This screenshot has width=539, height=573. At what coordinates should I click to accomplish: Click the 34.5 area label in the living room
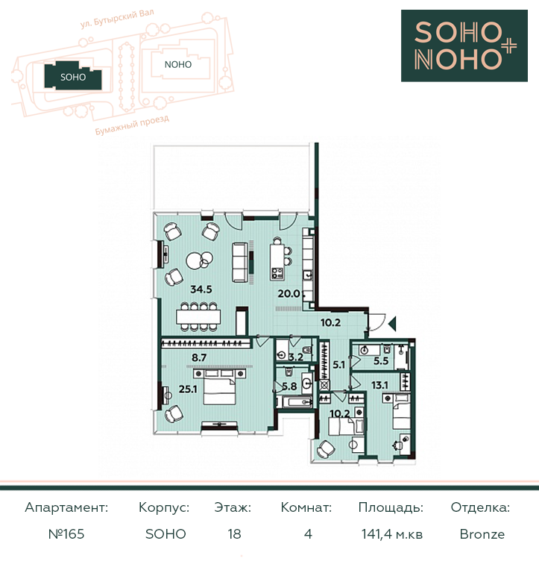[201, 289]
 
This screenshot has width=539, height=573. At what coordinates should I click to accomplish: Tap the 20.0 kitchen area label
[289, 293]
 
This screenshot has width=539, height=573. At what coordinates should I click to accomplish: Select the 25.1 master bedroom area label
[188, 389]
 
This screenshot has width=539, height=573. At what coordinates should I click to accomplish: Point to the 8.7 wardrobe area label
[199, 357]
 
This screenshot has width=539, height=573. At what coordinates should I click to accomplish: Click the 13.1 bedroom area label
[379, 385]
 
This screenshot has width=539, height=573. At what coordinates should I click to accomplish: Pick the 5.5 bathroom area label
[381, 361]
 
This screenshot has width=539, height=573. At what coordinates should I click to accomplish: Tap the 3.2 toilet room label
[296, 357]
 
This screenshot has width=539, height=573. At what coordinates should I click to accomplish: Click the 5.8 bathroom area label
[289, 386]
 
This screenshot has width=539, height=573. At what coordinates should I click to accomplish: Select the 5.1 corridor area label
[339, 364]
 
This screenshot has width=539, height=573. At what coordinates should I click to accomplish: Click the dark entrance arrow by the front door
[393, 324]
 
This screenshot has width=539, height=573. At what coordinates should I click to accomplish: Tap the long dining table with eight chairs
[198, 316]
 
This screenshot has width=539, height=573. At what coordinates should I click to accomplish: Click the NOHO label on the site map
[178, 65]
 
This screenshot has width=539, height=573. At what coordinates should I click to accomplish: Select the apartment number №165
[66, 534]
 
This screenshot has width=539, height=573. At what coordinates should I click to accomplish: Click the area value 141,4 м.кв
[392, 534]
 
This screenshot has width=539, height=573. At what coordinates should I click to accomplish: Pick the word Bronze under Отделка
[482, 534]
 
